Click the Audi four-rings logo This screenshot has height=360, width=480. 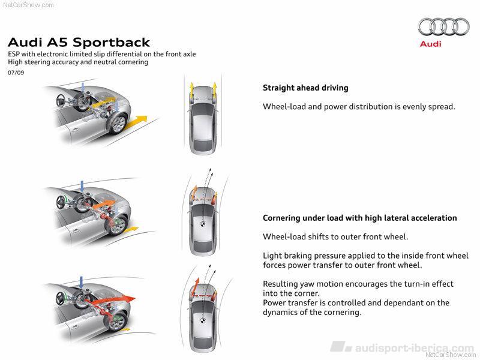click(x=443, y=26)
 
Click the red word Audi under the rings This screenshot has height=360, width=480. click(x=430, y=44)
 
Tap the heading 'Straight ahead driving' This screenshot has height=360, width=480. click(x=305, y=88)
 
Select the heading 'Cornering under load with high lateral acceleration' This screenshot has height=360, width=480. click(x=360, y=218)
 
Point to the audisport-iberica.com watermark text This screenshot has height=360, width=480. click(x=414, y=347)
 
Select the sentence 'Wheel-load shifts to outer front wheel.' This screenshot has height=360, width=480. click(x=335, y=236)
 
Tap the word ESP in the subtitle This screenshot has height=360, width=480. click(x=14, y=54)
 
